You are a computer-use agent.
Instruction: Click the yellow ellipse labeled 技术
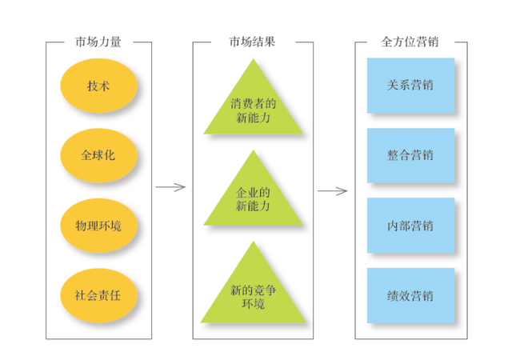98,86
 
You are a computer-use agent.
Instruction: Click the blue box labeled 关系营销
410,85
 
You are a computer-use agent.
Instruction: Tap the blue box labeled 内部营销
410,226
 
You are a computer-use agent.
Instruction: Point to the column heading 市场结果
253,42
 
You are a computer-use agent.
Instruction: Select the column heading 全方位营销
410,42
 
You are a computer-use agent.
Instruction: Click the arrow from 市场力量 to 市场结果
170,188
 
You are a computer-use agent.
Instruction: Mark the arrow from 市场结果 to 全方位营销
332,191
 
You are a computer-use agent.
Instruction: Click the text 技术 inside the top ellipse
98,86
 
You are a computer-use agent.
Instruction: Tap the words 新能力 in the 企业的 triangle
253,206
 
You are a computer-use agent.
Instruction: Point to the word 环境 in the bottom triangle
253,304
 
